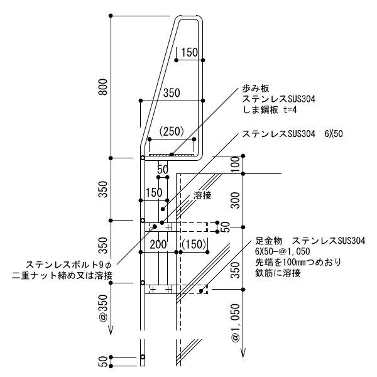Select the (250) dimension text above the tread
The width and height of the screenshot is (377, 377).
(171, 131)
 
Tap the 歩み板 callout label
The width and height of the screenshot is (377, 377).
(255, 89)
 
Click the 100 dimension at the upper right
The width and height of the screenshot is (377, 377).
(235, 165)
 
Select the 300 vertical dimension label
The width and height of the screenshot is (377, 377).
(235, 200)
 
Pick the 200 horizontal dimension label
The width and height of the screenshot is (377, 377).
(158, 243)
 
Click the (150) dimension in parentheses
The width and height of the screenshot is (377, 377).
(194, 243)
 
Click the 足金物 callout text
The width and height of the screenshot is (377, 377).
(271, 241)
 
